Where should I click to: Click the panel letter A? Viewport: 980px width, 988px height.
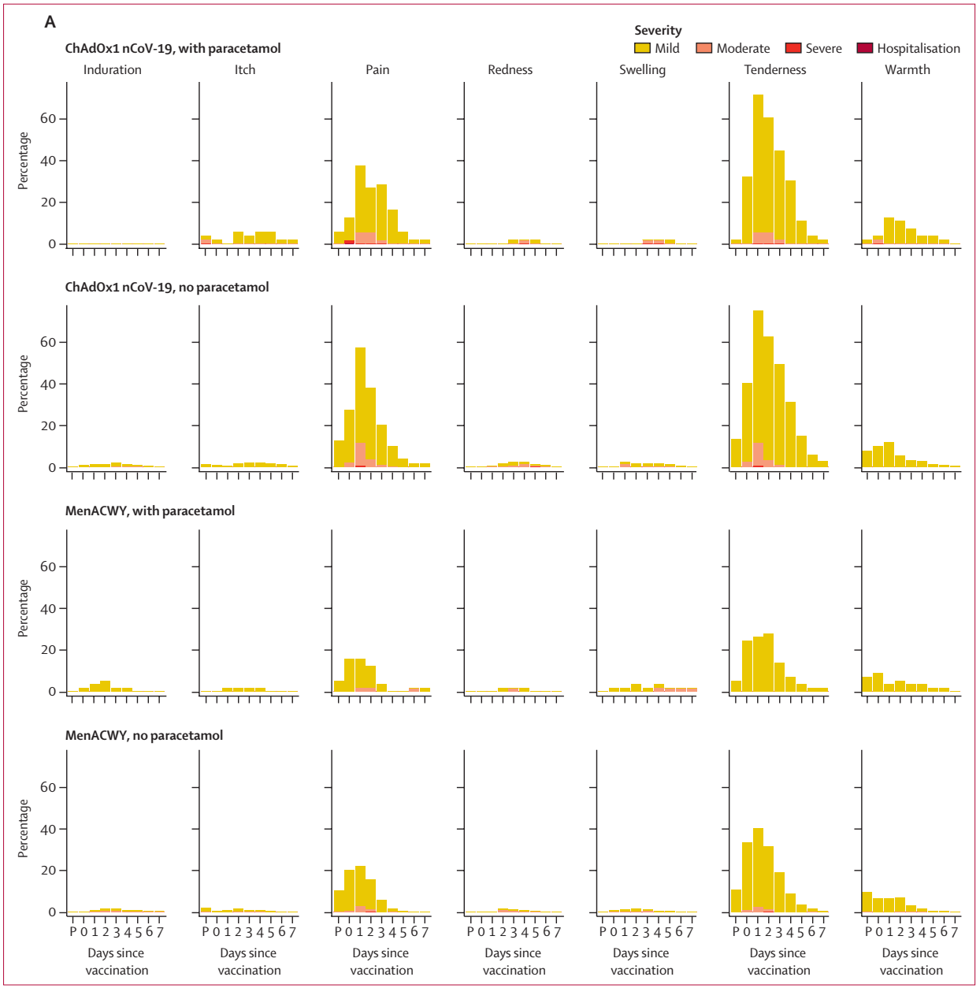pyautogui.click(x=50, y=22)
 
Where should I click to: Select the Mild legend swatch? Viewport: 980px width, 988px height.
pyautogui.click(x=642, y=49)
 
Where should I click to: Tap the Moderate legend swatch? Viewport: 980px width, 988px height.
pyautogui.click(x=703, y=49)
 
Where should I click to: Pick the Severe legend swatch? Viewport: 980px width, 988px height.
pyautogui.click(x=793, y=49)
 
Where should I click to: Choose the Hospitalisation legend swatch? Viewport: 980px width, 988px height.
pyautogui.click(x=865, y=49)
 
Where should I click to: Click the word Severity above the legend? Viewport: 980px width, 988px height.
pyautogui.click(x=658, y=31)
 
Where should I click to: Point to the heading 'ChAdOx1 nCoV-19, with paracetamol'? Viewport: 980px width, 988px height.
pyautogui.click(x=173, y=49)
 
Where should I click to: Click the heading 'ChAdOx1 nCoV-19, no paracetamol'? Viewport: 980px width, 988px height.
pyautogui.click(x=167, y=288)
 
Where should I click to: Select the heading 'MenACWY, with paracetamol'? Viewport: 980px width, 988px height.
pyautogui.click(x=150, y=511)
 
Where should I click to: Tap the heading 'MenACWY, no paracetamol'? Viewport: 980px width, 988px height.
pyautogui.click(x=144, y=736)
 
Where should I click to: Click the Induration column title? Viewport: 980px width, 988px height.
pyautogui.click(x=113, y=70)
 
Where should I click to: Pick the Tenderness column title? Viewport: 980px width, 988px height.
pyautogui.click(x=775, y=70)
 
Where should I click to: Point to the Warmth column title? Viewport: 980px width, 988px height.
pyautogui.click(x=908, y=70)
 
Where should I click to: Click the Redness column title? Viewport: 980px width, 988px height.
pyautogui.click(x=510, y=70)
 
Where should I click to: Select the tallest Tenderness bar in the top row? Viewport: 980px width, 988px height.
pyautogui.click(x=758, y=169)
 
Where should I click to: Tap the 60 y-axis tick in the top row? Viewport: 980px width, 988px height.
pyautogui.click(x=48, y=119)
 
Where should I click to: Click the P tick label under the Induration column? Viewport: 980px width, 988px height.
pyautogui.click(x=73, y=933)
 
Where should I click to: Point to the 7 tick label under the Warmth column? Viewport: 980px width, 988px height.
pyautogui.click(x=954, y=933)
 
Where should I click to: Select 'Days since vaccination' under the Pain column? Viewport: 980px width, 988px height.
pyautogui.click(x=381, y=962)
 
